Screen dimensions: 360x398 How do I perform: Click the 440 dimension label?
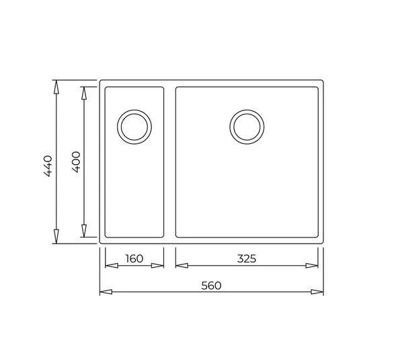[x=48, y=166]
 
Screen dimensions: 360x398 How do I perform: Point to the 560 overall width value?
[x=211, y=285]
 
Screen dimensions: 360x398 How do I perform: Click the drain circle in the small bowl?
[x=134, y=126]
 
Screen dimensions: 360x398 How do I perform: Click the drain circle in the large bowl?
[x=247, y=126]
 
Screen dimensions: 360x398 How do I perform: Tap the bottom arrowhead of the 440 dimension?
[x=56, y=236]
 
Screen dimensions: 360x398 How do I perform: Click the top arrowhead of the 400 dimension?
[x=84, y=93]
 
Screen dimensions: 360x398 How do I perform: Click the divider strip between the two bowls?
[x=170, y=161]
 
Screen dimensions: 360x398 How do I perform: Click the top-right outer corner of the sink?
[x=322, y=82]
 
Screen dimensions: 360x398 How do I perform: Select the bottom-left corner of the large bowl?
[x=177, y=236]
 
